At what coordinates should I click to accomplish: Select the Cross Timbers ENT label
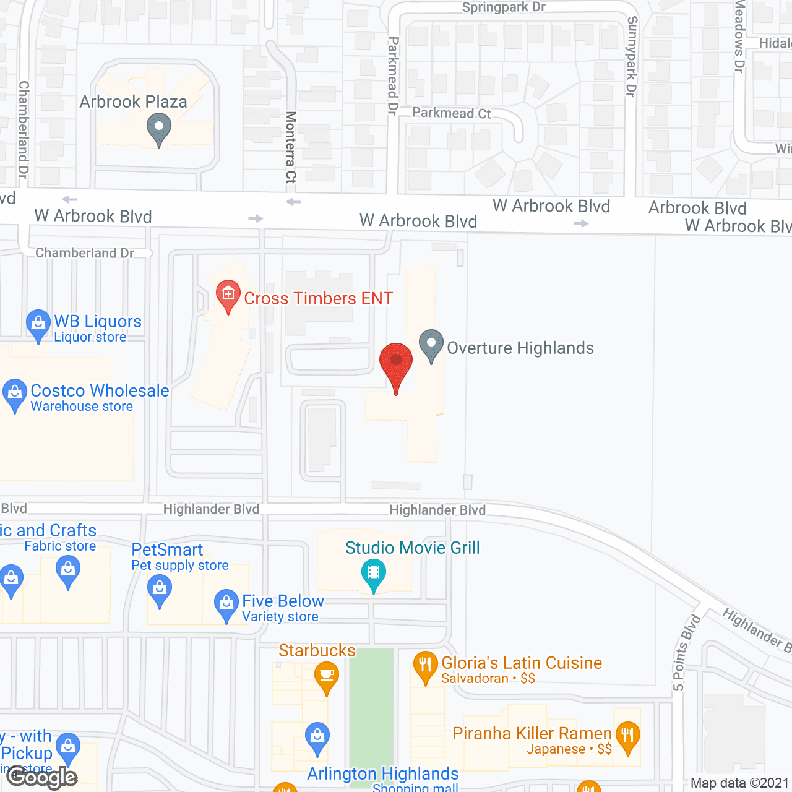(318, 298)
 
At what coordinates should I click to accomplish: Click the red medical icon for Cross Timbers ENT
(228, 295)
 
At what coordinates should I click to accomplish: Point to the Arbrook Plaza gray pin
(159, 129)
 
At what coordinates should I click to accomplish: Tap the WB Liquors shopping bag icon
(38, 324)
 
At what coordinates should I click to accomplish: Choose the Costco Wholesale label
(100, 391)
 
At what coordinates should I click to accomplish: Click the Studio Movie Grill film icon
(374, 573)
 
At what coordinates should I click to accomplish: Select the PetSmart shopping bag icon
(160, 589)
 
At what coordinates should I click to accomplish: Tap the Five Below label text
(283, 601)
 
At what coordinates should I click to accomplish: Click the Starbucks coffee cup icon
(326, 676)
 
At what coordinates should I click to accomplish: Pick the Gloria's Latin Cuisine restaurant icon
(425, 666)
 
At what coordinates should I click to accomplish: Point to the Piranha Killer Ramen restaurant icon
(627, 737)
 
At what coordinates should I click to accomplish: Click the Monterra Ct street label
(291, 147)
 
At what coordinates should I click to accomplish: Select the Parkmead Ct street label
(452, 113)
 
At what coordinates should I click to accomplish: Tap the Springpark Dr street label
(504, 7)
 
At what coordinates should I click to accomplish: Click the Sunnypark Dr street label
(632, 56)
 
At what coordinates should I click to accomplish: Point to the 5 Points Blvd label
(686, 653)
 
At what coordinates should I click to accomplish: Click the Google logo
(41, 777)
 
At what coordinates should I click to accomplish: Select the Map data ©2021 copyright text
(740, 783)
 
